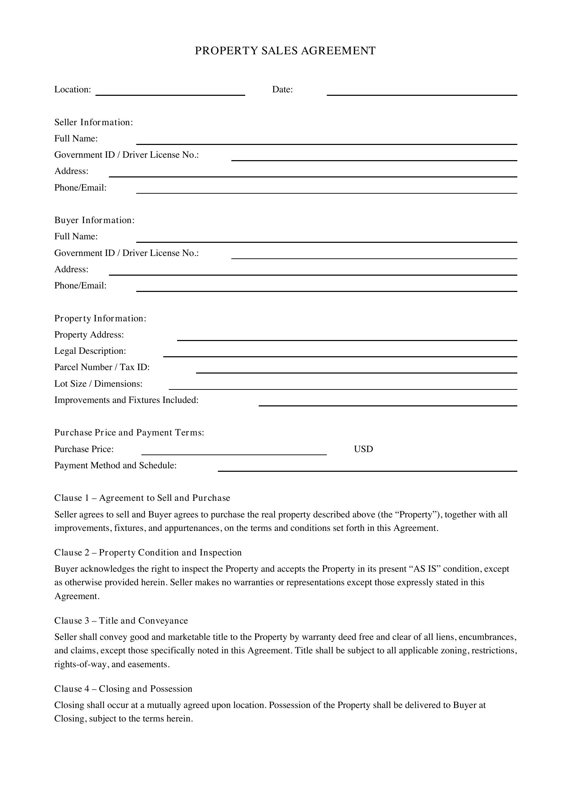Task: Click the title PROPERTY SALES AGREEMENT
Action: click(285, 51)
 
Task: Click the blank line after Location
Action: click(170, 92)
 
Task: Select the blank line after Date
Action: click(422, 92)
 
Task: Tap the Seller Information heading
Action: click(93, 122)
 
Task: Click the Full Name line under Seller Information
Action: click(326, 141)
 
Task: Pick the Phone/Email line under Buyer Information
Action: click(326, 288)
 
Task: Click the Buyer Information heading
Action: click(94, 220)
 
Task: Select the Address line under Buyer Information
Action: click(313, 272)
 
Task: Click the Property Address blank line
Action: click(347, 337)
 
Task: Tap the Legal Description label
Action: click(90, 351)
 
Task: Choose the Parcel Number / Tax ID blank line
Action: click(357, 370)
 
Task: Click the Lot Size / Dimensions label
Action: click(98, 384)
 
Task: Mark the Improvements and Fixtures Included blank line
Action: click(388, 402)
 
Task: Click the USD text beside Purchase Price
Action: click(363, 449)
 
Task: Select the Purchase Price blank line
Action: click(234, 452)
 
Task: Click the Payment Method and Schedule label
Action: click(115, 466)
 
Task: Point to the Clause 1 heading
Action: click(142, 498)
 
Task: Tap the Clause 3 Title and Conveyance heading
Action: click(121, 620)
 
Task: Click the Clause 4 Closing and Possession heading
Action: click(123, 689)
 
